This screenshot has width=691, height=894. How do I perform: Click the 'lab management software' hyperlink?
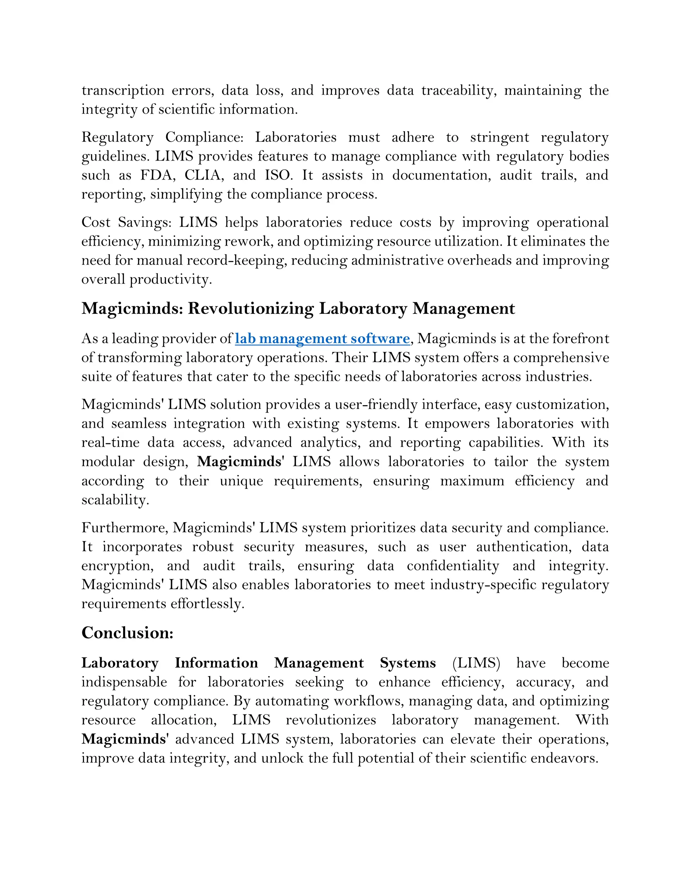pyautogui.click(x=322, y=338)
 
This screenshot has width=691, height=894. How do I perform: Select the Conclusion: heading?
pyautogui.click(x=127, y=633)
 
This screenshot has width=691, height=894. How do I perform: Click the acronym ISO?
pyautogui.click(x=278, y=175)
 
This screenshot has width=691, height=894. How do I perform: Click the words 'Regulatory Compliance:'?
pyautogui.click(x=162, y=137)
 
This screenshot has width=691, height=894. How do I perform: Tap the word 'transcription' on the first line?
pyautogui.click(x=122, y=90)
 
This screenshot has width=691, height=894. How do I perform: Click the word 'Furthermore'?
pyautogui.click(x=125, y=528)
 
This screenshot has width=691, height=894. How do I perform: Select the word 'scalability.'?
pyautogui.click(x=115, y=500)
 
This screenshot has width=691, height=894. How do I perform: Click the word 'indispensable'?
pyautogui.click(x=124, y=682)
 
